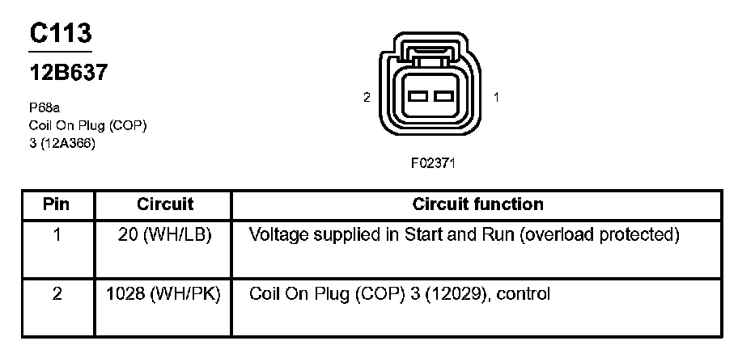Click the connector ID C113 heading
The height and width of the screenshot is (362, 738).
(61, 33)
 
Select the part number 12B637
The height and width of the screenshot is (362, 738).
(69, 72)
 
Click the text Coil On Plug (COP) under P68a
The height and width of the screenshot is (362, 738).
(87, 125)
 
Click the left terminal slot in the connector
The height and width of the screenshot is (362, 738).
(418, 97)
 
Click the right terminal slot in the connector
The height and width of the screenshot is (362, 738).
(442, 97)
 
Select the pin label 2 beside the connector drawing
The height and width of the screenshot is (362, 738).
(367, 97)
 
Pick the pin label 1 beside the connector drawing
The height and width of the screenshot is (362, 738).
(495, 97)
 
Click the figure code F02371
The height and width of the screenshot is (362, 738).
(434, 162)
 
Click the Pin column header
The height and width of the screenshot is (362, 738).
(57, 204)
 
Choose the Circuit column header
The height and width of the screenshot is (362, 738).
(165, 204)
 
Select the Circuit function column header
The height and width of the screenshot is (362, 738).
(477, 204)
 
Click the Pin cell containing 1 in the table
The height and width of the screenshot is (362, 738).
(57, 235)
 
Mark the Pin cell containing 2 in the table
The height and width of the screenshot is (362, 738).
(57, 294)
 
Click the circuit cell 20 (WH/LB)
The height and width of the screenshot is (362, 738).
(165, 235)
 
